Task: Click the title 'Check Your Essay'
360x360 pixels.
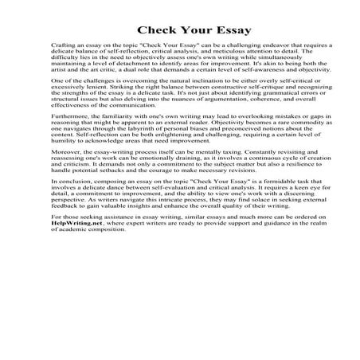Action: (179, 30)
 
